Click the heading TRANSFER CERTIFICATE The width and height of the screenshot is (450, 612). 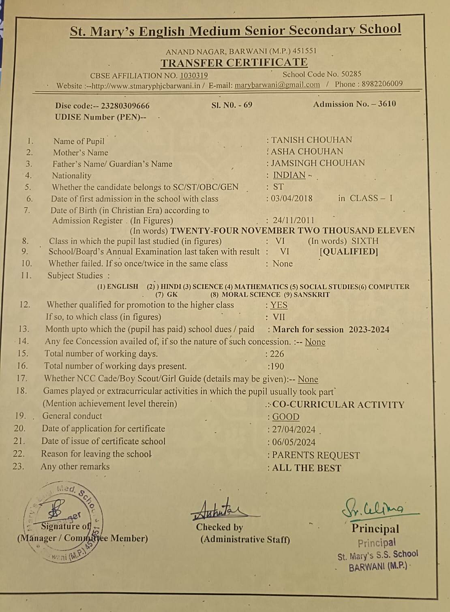234,63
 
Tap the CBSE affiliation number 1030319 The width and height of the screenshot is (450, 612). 194,75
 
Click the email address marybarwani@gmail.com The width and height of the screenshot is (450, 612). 277,85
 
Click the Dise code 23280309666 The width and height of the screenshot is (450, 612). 125,106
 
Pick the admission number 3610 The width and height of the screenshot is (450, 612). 387,104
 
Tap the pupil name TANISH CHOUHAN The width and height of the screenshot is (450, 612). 311,140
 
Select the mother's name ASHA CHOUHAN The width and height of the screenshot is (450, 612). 307,152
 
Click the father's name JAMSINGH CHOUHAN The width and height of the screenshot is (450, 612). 318,163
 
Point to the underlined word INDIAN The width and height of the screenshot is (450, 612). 289,175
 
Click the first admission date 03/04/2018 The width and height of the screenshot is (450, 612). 292,199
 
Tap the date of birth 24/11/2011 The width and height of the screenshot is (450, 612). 294,220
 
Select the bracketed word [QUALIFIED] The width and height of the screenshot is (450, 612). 349,252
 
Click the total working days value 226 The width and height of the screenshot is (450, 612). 277,354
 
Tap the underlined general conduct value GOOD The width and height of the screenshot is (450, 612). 285,417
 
